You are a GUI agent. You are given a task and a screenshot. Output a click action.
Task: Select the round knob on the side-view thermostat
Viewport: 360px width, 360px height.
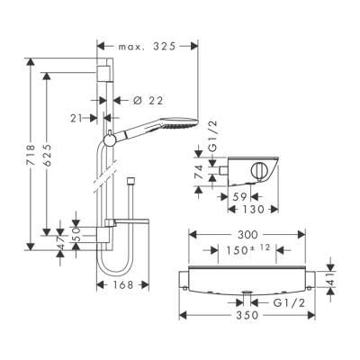[x=261, y=168]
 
